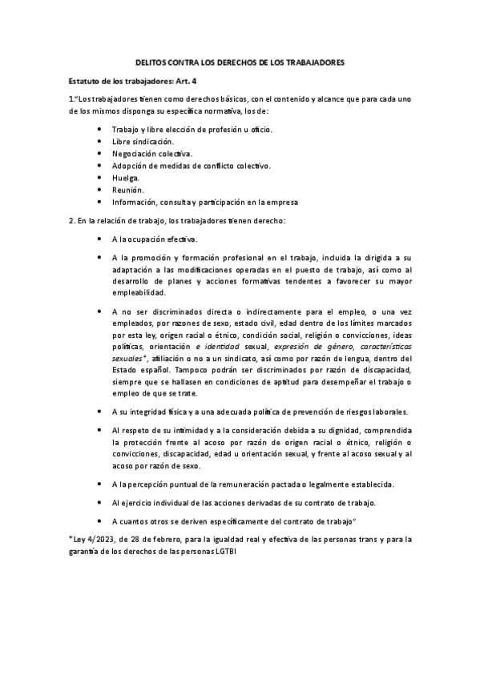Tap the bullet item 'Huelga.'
coord(127,178)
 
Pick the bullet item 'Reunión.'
coord(128,190)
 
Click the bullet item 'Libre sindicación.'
coord(143,141)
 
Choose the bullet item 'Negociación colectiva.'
coord(152,153)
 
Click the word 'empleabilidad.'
coord(143,292)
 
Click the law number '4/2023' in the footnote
coord(99,539)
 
